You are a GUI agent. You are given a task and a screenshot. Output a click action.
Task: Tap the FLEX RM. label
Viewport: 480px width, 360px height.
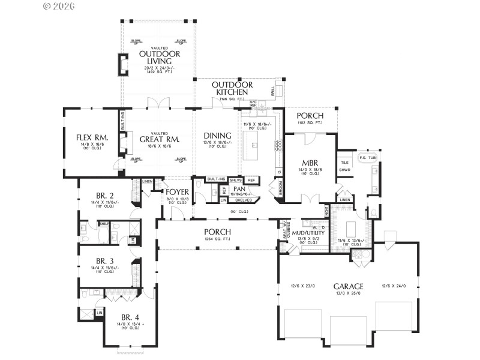[92, 137]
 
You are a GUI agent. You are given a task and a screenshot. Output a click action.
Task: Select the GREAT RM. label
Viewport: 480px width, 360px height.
[155, 139]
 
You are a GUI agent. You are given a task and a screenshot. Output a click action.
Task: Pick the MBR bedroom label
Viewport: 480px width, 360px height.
[310, 163]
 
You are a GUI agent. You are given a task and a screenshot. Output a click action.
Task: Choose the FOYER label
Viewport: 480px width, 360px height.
[178, 192]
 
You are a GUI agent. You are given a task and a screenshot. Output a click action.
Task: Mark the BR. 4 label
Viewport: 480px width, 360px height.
[130, 317]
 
